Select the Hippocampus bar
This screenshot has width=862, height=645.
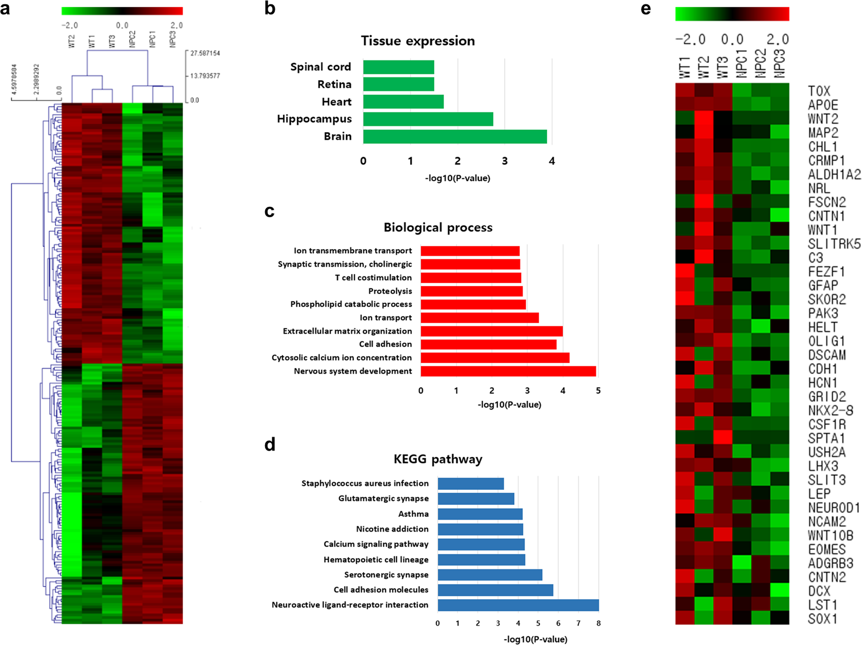tap(428, 119)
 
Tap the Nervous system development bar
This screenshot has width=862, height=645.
tap(508, 371)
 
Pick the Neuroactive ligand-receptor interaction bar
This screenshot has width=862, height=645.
tap(518, 605)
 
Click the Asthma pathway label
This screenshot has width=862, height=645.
tap(413, 514)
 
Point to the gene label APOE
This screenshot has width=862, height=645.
tap(823, 105)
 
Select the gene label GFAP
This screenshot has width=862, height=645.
tap(823, 285)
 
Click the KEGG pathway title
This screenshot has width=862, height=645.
tap(438, 459)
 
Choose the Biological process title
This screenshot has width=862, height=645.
tap(438, 228)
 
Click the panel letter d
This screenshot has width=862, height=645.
tap(270, 444)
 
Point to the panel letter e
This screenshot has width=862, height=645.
tap(645, 9)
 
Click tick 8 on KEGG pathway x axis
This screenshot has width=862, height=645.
tap(599, 623)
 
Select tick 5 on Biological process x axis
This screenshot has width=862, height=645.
tap(598, 391)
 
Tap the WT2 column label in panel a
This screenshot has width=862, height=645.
tap(72, 41)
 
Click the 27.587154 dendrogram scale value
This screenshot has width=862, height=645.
tap(205, 53)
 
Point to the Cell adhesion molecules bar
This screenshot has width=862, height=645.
tap(495, 590)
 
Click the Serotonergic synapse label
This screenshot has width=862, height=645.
tap(386, 575)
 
